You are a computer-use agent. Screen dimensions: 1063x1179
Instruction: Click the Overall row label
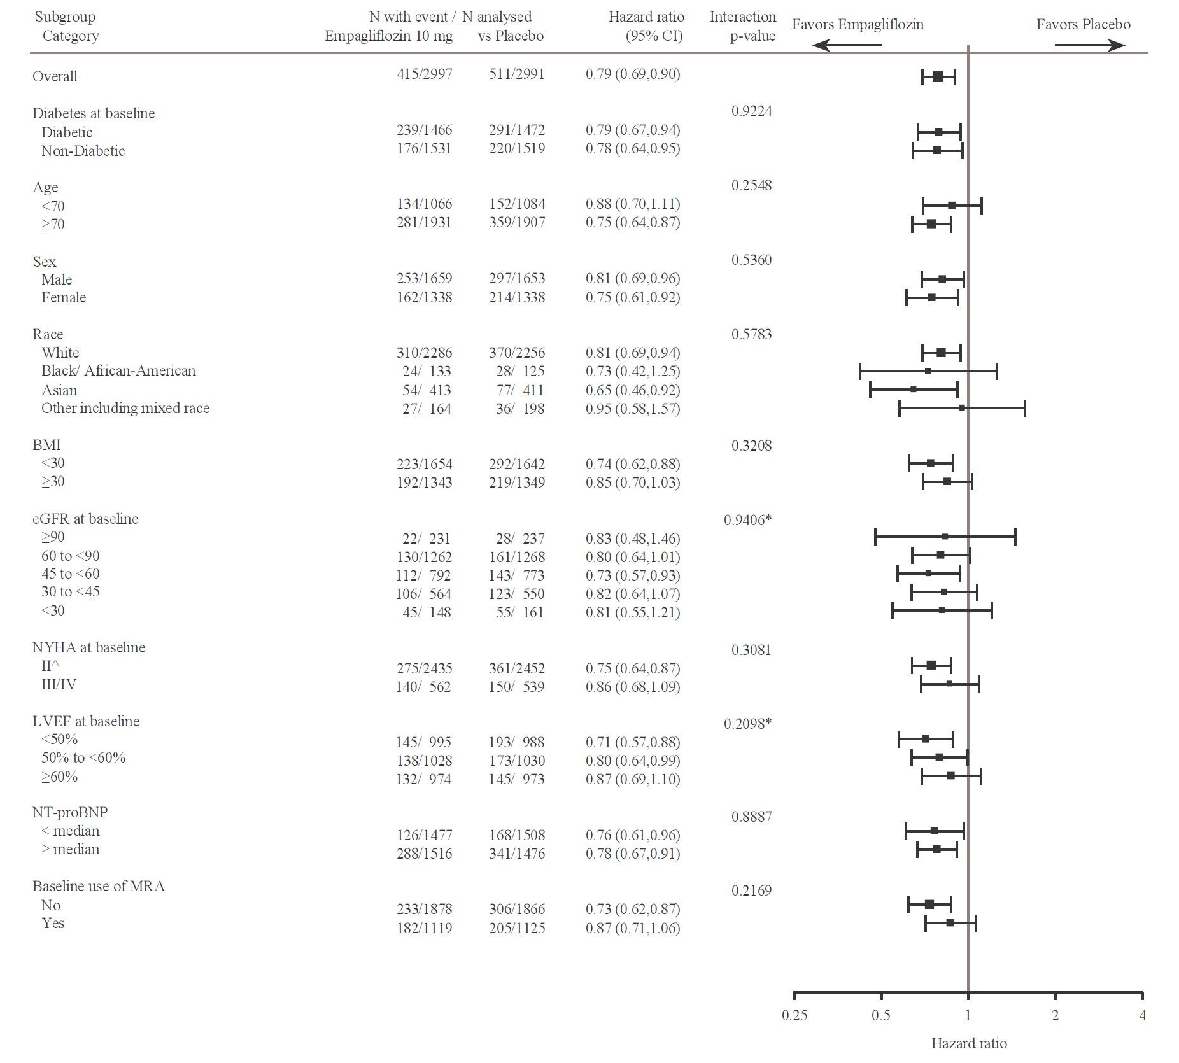click(x=55, y=76)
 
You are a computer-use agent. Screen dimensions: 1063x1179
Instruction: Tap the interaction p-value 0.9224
click(x=751, y=111)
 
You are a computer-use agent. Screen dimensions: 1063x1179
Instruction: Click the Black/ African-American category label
click(x=118, y=371)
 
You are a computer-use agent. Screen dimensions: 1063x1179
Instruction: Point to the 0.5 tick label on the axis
click(x=881, y=1015)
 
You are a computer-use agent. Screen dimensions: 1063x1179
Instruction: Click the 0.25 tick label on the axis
click(x=794, y=1015)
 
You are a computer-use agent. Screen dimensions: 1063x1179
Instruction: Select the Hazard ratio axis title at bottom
click(x=968, y=1043)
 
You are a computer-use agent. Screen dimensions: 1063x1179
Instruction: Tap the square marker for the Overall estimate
click(x=938, y=77)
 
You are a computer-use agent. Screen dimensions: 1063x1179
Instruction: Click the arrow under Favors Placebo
click(x=1090, y=45)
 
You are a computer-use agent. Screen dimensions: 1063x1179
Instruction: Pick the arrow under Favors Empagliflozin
click(x=848, y=45)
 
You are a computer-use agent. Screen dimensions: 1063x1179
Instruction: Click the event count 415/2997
click(x=424, y=74)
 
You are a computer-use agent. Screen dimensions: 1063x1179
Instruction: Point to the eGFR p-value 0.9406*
click(x=747, y=520)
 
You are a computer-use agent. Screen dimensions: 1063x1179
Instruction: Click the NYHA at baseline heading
click(x=88, y=647)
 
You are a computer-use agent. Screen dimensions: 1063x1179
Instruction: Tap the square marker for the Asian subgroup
click(x=914, y=389)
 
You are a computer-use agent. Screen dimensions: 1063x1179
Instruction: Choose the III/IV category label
click(x=59, y=685)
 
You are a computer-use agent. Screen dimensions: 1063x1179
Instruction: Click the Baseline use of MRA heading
click(x=99, y=886)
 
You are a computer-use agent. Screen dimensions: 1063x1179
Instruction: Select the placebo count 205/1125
click(x=516, y=928)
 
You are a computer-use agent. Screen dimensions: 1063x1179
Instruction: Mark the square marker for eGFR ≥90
click(x=945, y=537)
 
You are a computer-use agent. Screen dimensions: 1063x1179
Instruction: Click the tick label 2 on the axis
click(x=1055, y=1015)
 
